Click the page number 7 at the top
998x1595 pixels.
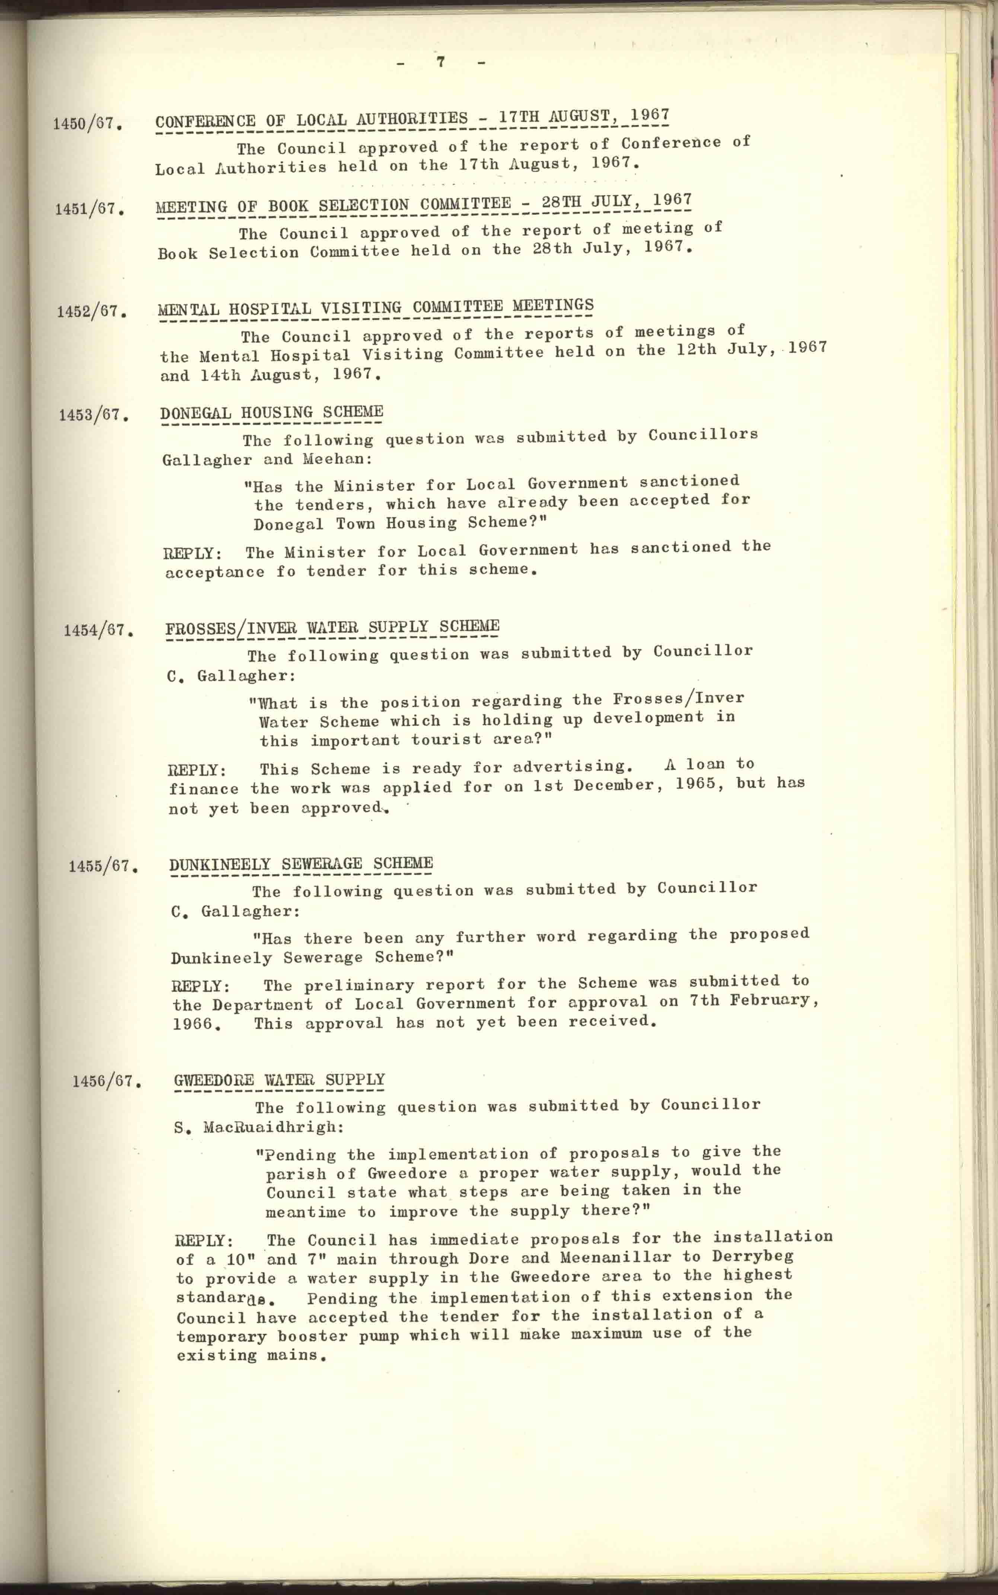(x=440, y=62)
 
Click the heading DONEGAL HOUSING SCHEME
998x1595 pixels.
(x=271, y=413)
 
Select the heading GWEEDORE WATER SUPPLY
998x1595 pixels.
(x=279, y=1080)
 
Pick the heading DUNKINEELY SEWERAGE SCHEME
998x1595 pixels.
(x=301, y=864)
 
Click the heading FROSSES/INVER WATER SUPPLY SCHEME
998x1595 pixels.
(x=332, y=627)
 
